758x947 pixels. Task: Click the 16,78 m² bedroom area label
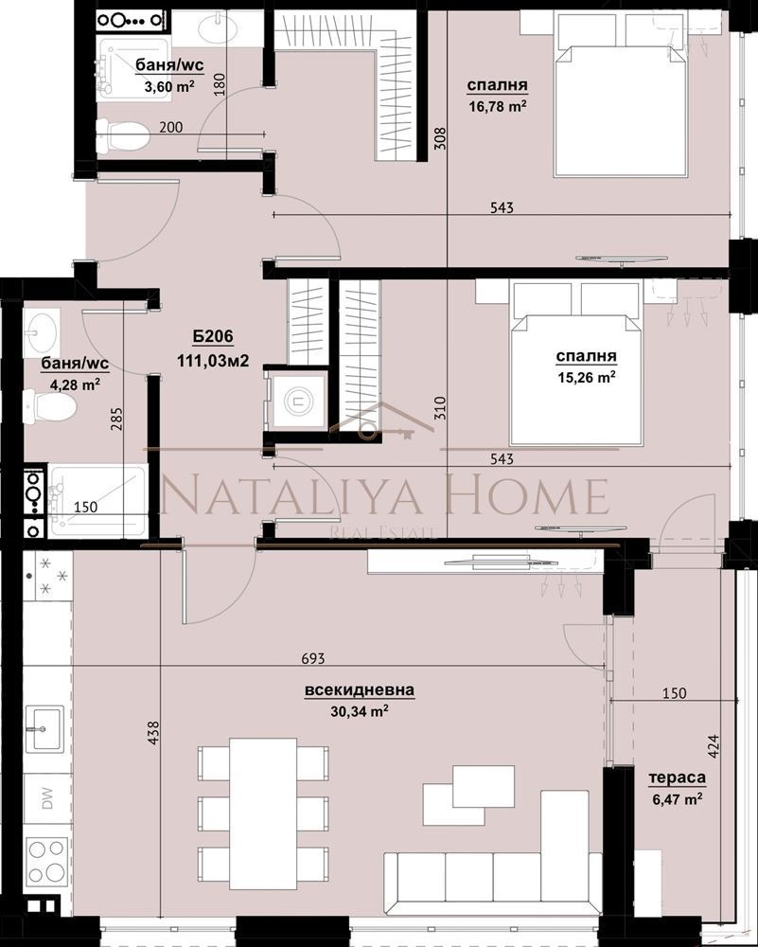tap(497, 107)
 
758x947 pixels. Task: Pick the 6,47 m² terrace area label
tap(677, 799)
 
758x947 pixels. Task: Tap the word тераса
tap(677, 778)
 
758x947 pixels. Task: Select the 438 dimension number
tap(154, 737)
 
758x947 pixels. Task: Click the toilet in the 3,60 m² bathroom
tap(123, 134)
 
